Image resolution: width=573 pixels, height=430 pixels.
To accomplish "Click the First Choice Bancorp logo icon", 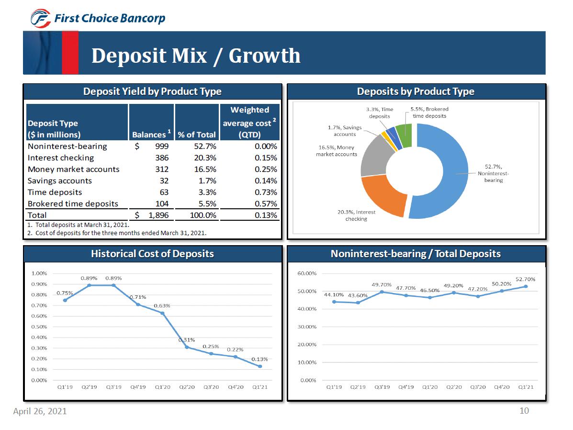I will [x=40, y=19].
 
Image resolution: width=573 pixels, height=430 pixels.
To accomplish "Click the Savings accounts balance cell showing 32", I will [x=163, y=181].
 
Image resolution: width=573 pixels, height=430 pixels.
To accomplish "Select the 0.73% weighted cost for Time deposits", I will [x=266, y=192].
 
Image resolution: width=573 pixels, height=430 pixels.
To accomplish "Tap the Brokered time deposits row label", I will [x=73, y=204].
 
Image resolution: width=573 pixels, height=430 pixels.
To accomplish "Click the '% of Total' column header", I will [x=197, y=135].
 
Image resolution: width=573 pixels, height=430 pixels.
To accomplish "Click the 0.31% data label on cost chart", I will [x=186, y=340].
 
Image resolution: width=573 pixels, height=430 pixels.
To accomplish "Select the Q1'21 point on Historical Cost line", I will [x=260, y=366].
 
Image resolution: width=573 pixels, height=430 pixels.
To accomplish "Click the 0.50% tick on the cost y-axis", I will [x=39, y=327].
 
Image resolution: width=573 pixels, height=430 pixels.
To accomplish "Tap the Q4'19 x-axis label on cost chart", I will [x=138, y=387].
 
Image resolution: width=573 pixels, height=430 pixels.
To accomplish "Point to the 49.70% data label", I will [x=382, y=285].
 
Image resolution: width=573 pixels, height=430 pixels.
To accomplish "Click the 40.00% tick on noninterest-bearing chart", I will [x=307, y=309].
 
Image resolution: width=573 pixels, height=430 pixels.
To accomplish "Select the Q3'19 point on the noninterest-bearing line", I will [x=382, y=292].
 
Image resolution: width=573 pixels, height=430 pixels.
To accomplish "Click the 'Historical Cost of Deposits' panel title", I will [x=152, y=254].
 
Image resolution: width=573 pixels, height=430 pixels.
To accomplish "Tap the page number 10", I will [x=524, y=410].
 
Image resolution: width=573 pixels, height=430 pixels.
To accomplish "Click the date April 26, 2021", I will [x=40, y=411].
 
